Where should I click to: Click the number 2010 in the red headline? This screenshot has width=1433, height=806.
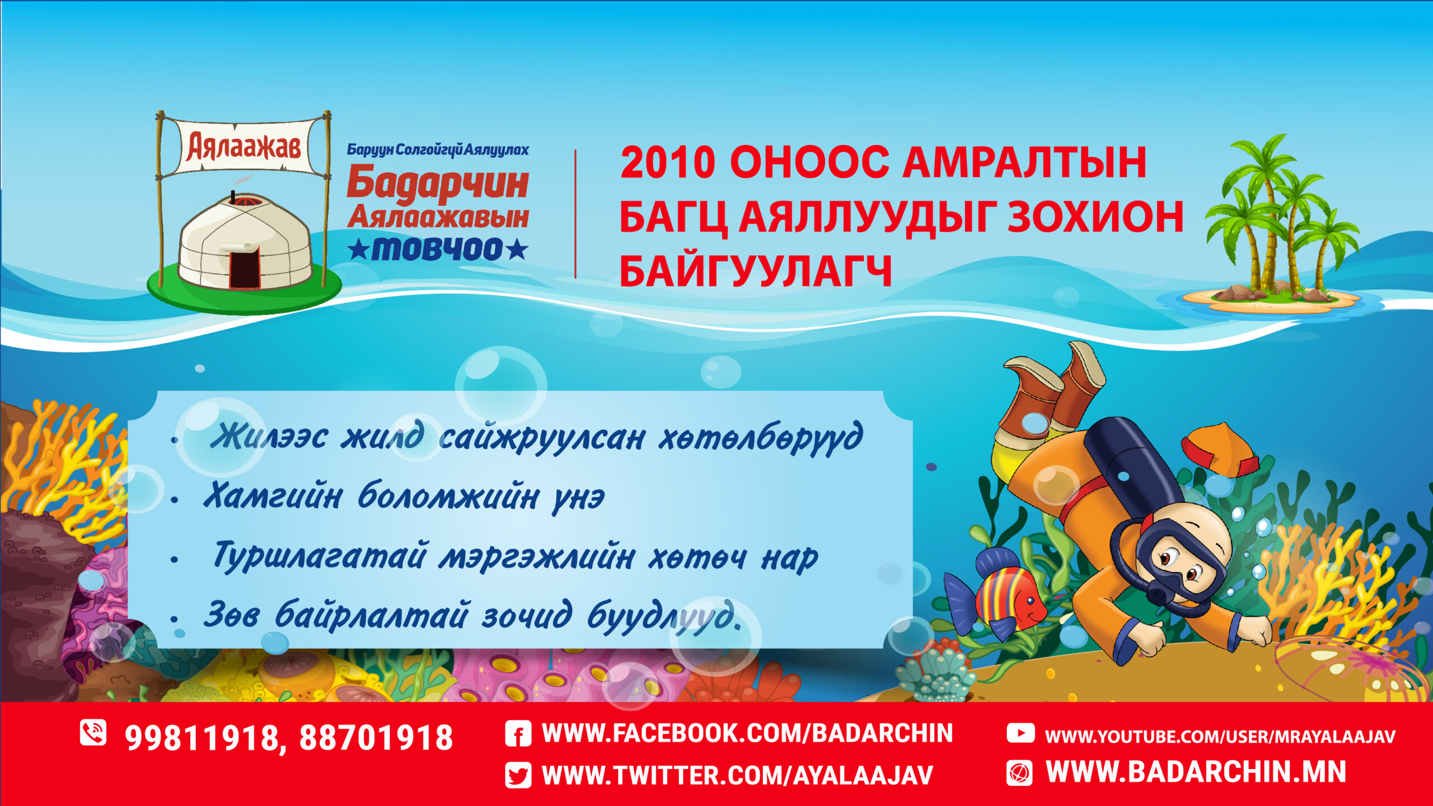pyautogui.click(x=667, y=162)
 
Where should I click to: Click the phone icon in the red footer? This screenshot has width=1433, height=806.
pyautogui.click(x=93, y=733)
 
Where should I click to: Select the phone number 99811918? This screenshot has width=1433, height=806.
pyautogui.click(x=200, y=738)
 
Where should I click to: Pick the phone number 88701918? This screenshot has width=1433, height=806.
pyautogui.click(x=376, y=738)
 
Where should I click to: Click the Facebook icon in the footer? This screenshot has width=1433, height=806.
pyautogui.click(x=518, y=733)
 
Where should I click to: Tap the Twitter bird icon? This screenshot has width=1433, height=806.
pyautogui.click(x=518, y=776)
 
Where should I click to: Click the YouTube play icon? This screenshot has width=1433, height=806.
pyautogui.click(x=1020, y=733)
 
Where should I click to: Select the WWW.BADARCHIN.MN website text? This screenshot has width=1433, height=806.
pyautogui.click(x=1196, y=772)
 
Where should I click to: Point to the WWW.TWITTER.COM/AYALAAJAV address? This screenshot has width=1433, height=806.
pyautogui.click(x=738, y=776)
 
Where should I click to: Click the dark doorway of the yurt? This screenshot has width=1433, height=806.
pyautogui.click(x=245, y=269)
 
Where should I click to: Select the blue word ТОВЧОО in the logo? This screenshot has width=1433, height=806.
pyautogui.click(x=437, y=249)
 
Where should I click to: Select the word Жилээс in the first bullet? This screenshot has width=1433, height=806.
pyautogui.click(x=269, y=436)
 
